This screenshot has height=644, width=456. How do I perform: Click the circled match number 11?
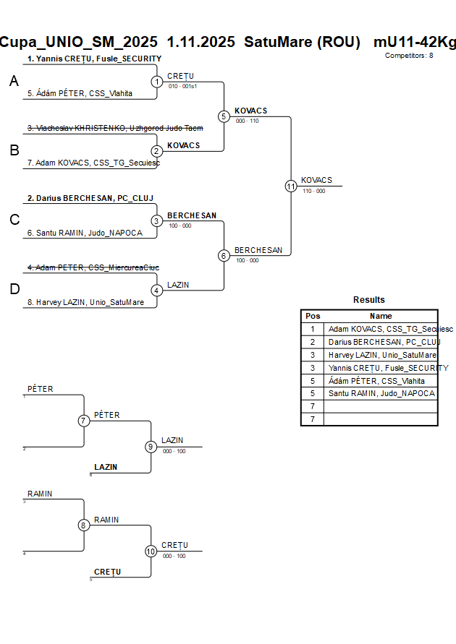pyautogui.click(x=291, y=186)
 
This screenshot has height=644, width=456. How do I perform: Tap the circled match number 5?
pyautogui.click(x=224, y=116)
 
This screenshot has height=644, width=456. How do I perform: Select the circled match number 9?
pyautogui.click(x=151, y=447)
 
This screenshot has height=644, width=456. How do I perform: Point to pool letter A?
pyautogui.click(x=14, y=82)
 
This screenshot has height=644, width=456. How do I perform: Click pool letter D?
pyautogui.click(x=14, y=290)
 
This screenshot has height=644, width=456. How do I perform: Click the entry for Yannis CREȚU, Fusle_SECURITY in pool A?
pyautogui.click(x=94, y=59)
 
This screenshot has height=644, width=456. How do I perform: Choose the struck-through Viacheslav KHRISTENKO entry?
pyautogui.click(x=114, y=128)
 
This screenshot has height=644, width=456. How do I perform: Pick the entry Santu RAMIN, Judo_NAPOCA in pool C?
pyautogui.click(x=85, y=233)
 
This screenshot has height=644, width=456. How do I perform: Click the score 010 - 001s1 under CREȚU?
pyautogui.click(x=184, y=86)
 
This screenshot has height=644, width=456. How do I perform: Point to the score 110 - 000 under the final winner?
pyautogui.click(x=313, y=191)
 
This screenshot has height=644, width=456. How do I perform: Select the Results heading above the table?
pyautogui.click(x=369, y=300)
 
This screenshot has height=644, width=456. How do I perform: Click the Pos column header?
pyautogui.click(x=313, y=316)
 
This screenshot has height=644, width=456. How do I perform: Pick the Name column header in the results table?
pyautogui.click(x=381, y=316)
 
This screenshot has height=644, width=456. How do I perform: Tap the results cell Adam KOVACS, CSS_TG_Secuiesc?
pyautogui.click(x=381, y=329)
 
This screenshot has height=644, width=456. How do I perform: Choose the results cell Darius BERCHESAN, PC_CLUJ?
pyautogui.click(x=381, y=342)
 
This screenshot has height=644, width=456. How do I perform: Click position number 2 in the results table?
pyautogui.click(x=313, y=342)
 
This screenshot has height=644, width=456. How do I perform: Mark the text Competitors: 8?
pyautogui.click(x=409, y=55)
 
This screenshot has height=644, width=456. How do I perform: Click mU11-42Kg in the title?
pyautogui.click(x=415, y=42)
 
